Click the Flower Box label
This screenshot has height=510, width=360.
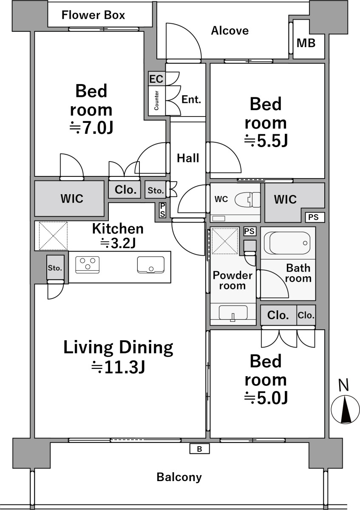coord(93,15)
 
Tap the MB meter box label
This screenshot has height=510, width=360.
coord(306,43)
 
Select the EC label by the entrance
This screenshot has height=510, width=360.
coord(156,79)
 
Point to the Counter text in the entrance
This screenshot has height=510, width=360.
coord(156,100)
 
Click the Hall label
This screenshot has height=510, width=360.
coord(188,158)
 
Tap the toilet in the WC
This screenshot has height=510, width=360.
coord(247,199)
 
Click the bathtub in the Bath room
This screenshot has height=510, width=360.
coord(287,243)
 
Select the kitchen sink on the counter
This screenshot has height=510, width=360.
coord(151,265)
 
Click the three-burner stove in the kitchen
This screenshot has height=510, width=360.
coord(88,265)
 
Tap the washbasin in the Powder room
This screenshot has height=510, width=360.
coord(233,313)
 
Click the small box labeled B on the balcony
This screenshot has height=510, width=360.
coord(199,449)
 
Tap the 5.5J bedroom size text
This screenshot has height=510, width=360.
coord(266,141)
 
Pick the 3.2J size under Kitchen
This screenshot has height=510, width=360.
coord(118,243)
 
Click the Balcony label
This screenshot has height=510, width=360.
coord(179,477)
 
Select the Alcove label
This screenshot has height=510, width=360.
coord(230,31)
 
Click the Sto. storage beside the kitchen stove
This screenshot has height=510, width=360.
coord(55,267)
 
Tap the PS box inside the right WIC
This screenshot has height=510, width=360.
coord(313,217)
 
